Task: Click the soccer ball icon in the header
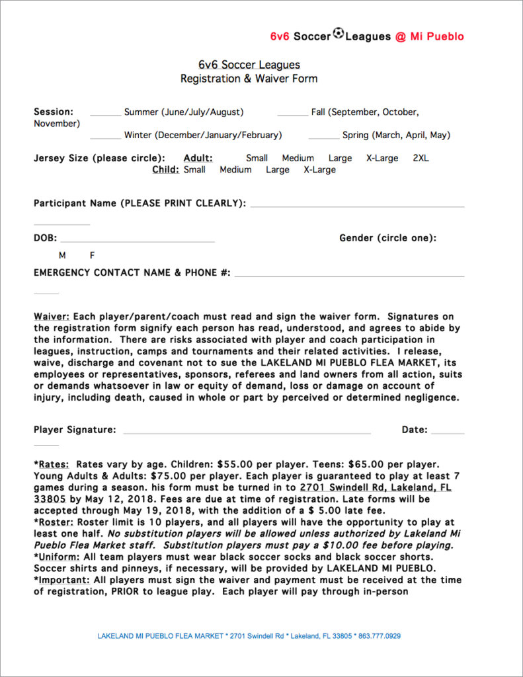(338, 33)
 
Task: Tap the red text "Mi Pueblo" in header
(437, 36)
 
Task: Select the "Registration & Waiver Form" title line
(249, 79)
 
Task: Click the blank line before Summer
(105, 115)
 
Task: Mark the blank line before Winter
(105, 138)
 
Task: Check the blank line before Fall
(292, 115)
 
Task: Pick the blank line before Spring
(323, 138)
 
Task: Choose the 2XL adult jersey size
(421, 158)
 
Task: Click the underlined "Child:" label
(165, 169)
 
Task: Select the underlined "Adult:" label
(198, 158)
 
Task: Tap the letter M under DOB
(62, 255)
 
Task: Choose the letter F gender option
(93, 255)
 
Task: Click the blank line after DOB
(138, 241)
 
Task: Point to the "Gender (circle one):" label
(387, 238)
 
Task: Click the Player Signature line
(246, 433)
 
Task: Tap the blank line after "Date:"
(448, 433)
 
